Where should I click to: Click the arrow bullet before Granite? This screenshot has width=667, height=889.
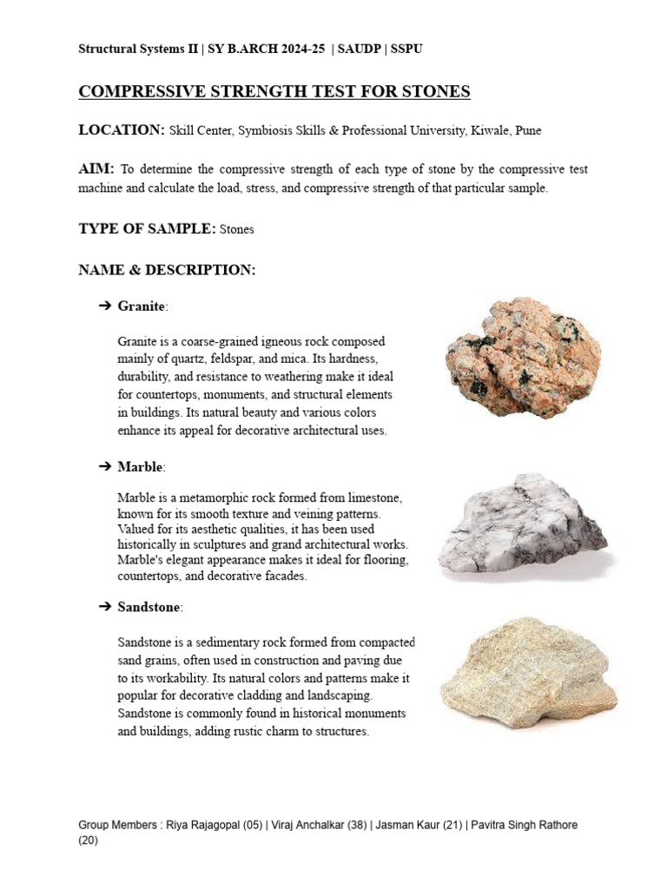[x=105, y=306]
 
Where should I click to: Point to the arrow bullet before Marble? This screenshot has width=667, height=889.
[x=105, y=467]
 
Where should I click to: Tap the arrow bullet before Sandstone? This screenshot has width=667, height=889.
[x=105, y=607]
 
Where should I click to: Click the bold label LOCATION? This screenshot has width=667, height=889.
[x=122, y=130]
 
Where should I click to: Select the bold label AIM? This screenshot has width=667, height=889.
[x=96, y=169]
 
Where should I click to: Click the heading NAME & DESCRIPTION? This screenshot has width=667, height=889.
[x=167, y=270]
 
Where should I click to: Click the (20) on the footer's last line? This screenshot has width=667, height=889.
[x=88, y=840]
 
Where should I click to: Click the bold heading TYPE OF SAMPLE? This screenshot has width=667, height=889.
[x=147, y=229]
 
